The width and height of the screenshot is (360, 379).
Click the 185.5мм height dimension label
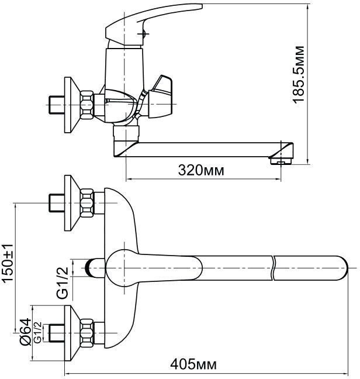[299, 74]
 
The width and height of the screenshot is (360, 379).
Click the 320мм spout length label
[201, 170]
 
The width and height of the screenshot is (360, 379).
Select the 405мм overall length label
[193, 364]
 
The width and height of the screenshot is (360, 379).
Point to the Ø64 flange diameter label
[26, 332]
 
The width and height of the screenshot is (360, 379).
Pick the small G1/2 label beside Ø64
[38, 333]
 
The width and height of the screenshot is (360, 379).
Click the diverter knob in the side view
[160, 97]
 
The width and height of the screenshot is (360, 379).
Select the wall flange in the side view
[72, 105]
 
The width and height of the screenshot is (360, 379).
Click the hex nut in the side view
[86, 105]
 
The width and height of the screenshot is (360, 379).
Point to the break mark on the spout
[273, 268]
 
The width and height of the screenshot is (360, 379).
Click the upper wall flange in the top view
[72, 203]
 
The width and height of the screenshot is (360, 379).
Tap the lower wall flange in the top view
[72, 333]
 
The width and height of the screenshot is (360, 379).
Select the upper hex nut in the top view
[86, 203]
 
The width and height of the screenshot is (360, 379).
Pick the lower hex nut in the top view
[86, 333]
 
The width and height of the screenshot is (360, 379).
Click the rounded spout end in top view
[343, 268]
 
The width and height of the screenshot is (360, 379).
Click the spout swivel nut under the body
[126, 133]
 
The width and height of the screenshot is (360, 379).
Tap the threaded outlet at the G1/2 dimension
[95, 268]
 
